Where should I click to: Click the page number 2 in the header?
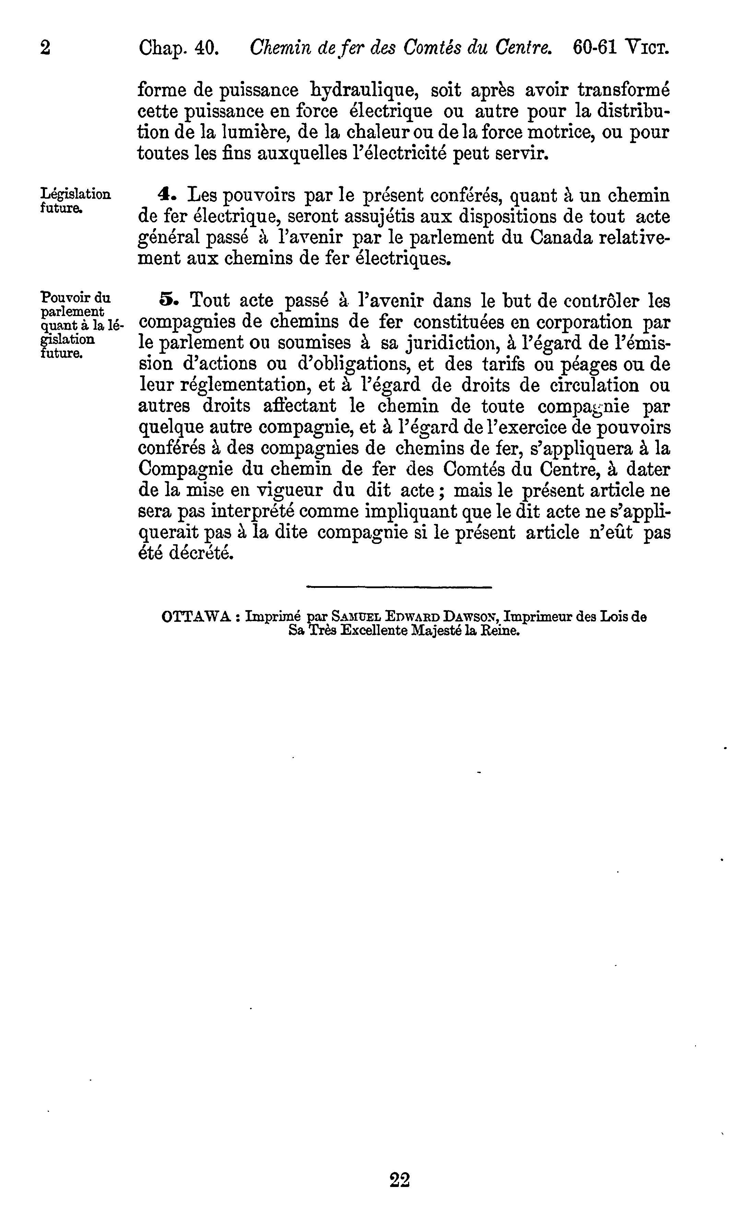(45, 48)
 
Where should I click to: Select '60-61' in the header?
(594, 48)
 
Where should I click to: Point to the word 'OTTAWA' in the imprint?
(197, 617)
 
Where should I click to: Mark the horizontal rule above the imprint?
(399, 587)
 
